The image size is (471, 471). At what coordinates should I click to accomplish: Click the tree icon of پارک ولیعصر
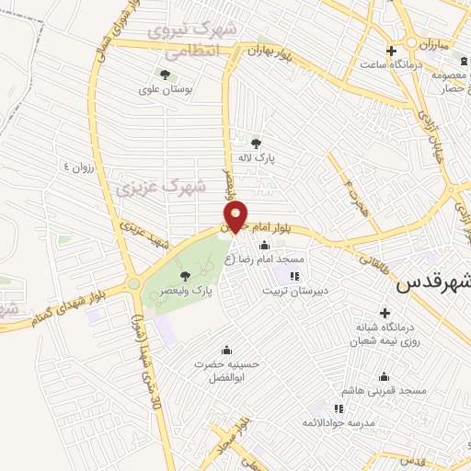185,274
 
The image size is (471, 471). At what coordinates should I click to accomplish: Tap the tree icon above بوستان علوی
165,75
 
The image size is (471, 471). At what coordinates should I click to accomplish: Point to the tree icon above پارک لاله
256,142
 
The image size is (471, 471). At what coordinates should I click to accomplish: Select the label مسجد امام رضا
270,259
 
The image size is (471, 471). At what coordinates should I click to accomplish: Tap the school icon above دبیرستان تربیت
294,275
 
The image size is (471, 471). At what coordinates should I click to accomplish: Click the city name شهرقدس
433,284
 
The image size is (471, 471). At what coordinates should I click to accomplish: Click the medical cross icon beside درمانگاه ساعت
392,51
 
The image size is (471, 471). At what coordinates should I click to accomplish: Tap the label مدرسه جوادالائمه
340,421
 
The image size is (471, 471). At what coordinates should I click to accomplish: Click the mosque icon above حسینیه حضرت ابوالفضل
226,350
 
